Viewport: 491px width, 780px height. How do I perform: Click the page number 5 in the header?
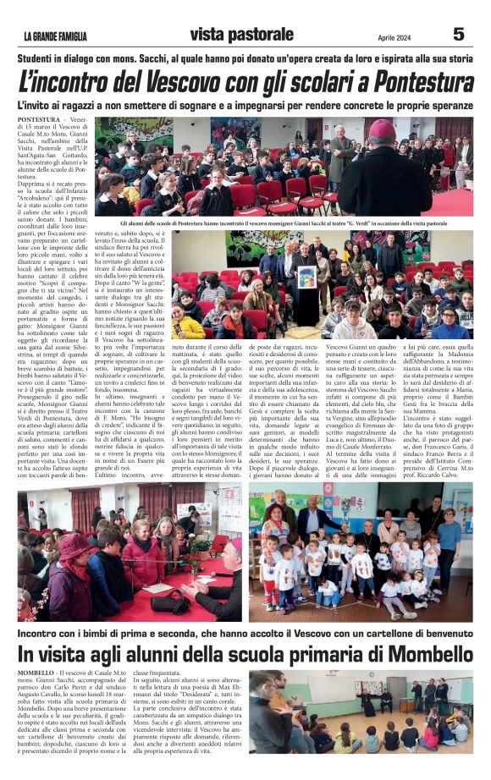point(458,35)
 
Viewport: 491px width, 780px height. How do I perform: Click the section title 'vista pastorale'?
point(241,35)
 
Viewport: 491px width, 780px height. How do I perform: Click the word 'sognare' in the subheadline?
point(216,105)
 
